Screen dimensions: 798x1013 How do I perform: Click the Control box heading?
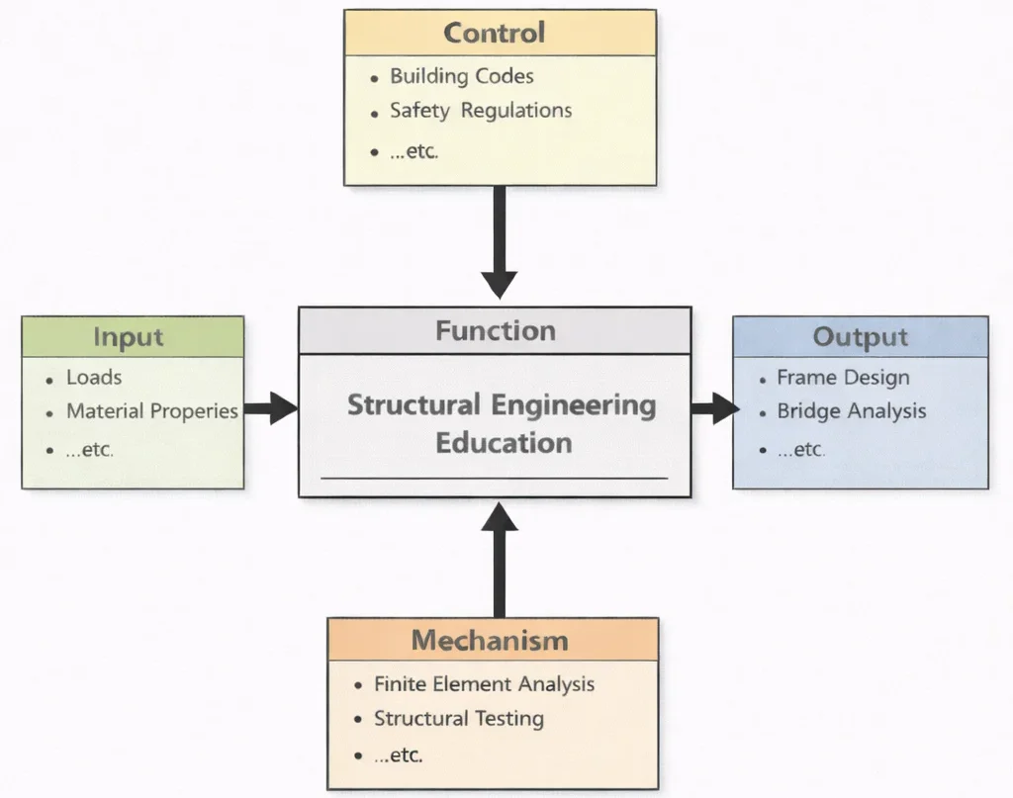[494, 33]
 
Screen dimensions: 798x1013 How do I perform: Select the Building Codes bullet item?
[461, 76]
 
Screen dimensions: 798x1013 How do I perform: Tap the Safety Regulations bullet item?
[480, 110]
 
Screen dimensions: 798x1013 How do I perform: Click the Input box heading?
[128, 337]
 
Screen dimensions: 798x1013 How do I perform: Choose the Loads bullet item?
[94, 377]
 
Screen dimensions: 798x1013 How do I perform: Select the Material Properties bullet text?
[151, 411]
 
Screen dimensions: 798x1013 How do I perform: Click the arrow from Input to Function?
[270, 407]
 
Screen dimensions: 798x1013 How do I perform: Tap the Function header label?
[496, 330]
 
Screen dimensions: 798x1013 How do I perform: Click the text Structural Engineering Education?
[502, 422]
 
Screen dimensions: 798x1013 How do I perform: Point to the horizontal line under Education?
[494, 479]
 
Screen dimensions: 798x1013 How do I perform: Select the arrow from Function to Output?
[713, 407]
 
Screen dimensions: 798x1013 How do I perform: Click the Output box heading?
[859, 337]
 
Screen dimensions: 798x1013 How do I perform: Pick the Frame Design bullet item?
[843, 378]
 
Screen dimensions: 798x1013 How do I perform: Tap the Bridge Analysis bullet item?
[851, 410]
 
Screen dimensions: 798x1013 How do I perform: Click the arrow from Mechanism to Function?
[500, 560]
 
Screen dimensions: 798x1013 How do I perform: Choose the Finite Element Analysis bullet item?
[484, 683]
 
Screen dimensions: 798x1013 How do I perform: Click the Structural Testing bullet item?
[458, 718]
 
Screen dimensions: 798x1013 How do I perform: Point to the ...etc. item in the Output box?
[799, 449]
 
